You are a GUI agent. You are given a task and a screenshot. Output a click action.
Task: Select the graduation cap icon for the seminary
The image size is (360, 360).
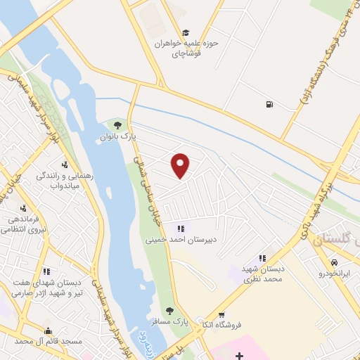(186, 32)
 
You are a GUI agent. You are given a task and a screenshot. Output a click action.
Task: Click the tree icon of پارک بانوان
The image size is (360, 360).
(127, 125)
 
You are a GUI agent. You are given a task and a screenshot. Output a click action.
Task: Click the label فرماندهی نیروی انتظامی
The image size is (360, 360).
(26, 224)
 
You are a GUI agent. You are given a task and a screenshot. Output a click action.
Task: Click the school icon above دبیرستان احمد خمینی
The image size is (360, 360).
(181, 228)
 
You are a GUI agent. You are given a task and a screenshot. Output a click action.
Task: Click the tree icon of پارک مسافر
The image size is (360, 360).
(169, 310)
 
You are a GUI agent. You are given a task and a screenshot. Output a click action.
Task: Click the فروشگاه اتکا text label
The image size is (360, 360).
(220, 326)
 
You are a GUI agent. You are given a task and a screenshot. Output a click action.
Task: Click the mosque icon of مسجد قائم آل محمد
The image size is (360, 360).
(48, 330)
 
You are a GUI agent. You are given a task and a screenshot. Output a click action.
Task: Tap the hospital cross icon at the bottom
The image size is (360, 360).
(240, 355)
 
